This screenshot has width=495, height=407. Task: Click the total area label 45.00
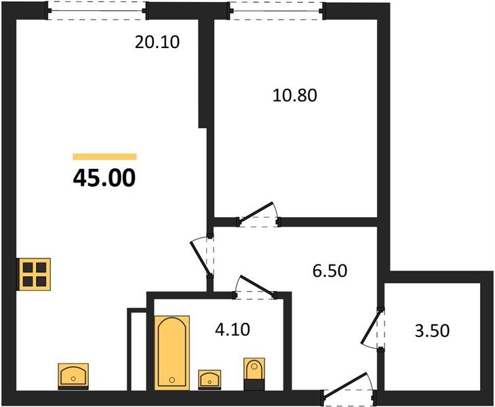pyautogui.click(x=104, y=178)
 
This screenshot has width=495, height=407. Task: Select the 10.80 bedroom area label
pyautogui.click(x=294, y=95)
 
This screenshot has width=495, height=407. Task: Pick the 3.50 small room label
pyautogui.click(x=431, y=332)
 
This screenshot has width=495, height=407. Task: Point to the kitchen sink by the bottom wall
pyautogui.click(x=73, y=375)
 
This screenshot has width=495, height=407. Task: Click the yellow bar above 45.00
pyautogui.click(x=104, y=157)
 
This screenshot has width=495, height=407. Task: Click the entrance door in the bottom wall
pyautogui.click(x=347, y=389)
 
